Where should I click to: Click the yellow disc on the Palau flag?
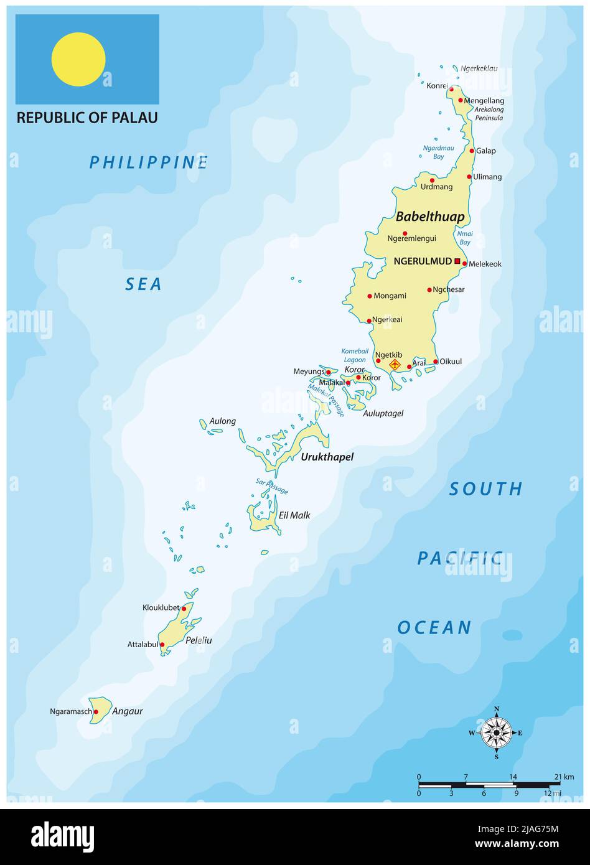78,60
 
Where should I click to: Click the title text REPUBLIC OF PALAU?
87,118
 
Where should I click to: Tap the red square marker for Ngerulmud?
457,261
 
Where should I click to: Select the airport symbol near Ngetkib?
394,364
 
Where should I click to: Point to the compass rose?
496,732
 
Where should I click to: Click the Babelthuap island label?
430,217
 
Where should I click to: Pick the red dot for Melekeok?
464,264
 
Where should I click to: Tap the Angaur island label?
128,711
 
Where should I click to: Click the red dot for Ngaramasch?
96,711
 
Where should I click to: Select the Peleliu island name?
199,640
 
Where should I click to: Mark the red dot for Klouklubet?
184,609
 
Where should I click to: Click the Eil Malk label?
294,515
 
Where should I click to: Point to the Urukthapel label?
327,457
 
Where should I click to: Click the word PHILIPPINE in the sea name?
148,163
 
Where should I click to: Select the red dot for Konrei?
451,89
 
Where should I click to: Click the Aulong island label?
223,421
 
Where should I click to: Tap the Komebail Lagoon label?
354,355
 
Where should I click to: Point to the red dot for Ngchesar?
429,289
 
